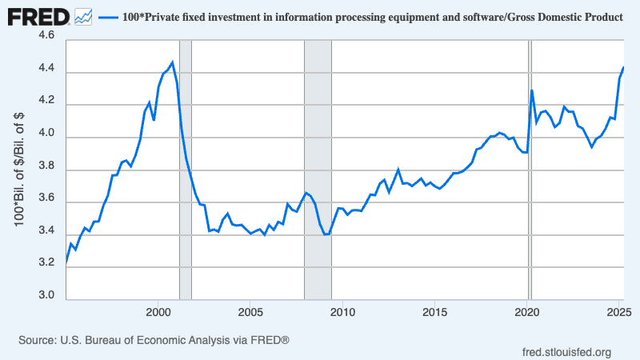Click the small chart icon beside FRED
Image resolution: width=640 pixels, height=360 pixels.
pyautogui.click(x=82, y=15)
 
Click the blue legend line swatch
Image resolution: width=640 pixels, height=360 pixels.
pyautogui.click(x=108, y=16)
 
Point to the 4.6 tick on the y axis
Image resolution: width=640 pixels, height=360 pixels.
pyautogui.click(x=46, y=37)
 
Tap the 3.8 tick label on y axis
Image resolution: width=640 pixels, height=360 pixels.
pyautogui.click(x=46, y=166)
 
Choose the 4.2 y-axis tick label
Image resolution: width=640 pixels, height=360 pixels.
pyautogui.click(x=46, y=102)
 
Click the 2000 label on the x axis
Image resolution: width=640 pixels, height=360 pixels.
pyautogui.click(x=158, y=311)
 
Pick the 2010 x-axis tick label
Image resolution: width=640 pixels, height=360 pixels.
pyautogui.click(x=342, y=311)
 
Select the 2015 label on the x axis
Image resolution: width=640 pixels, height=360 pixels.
pyautogui.click(x=435, y=311)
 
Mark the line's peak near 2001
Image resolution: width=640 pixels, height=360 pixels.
pyautogui.click(x=173, y=62)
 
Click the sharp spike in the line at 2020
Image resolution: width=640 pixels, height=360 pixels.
pyautogui.click(x=532, y=90)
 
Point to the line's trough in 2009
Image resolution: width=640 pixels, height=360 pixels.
pyautogui.click(x=326, y=234)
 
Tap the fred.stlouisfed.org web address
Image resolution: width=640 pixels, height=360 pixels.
pyautogui.click(x=566, y=352)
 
